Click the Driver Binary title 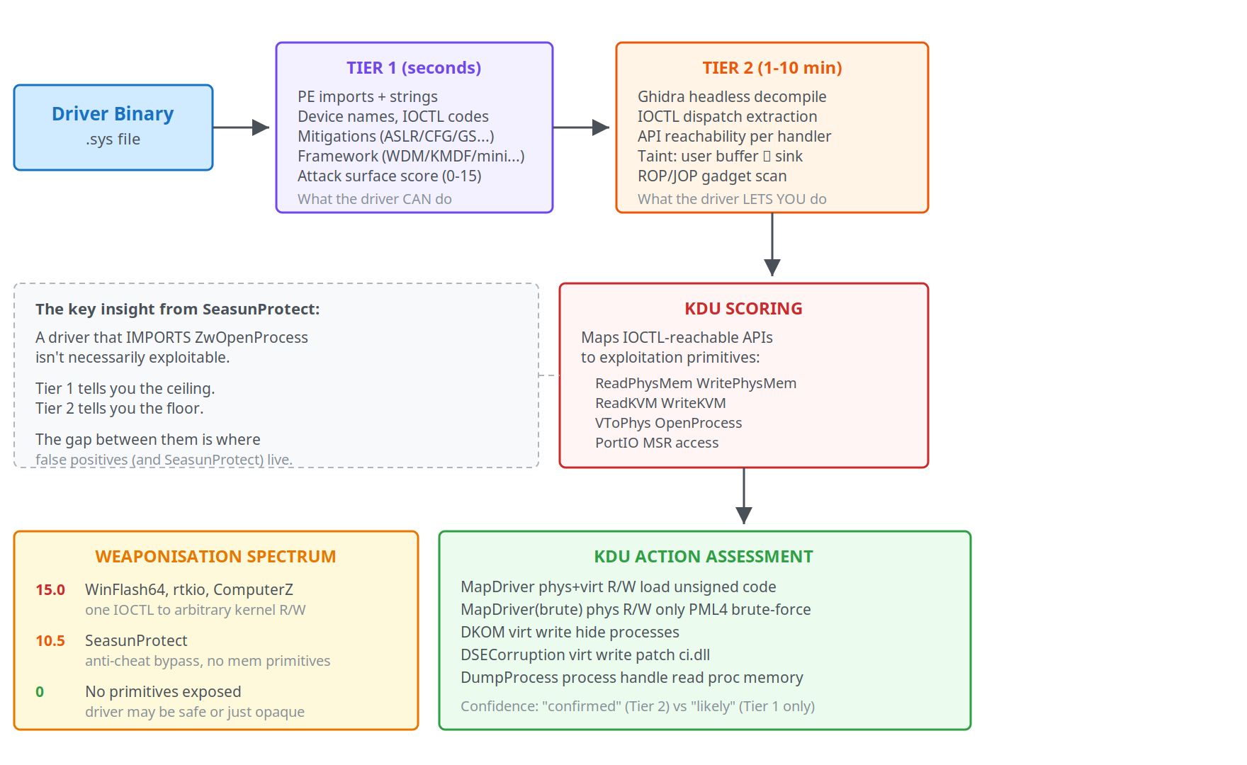(x=113, y=114)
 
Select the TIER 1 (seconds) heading (x=414, y=68)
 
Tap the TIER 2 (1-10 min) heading (x=772, y=68)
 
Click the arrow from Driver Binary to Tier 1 (x=241, y=127)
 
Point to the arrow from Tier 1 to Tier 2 (x=581, y=127)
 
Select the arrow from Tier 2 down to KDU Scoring (x=772, y=244)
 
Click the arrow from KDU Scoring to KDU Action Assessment (x=744, y=496)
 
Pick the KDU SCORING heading (x=743, y=309)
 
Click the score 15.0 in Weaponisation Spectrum (x=50, y=590)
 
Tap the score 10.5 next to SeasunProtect (x=50, y=641)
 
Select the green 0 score (x=40, y=692)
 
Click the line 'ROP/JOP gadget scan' (x=712, y=176)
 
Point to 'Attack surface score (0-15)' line (x=389, y=176)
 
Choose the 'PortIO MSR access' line (x=657, y=443)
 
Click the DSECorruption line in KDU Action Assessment (x=585, y=655)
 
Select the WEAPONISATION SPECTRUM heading (x=215, y=557)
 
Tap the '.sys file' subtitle (x=113, y=140)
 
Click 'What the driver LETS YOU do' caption (x=732, y=199)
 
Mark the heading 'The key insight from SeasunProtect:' (x=177, y=310)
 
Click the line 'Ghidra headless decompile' (x=732, y=97)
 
